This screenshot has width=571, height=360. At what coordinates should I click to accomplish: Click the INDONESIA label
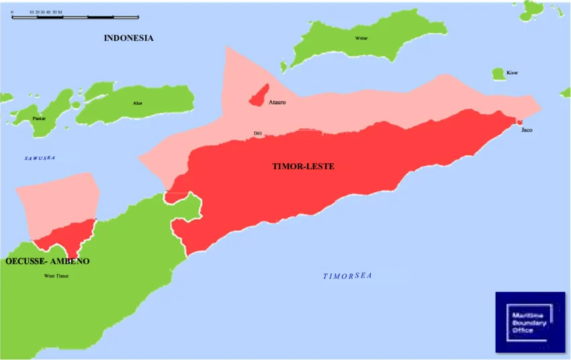click(x=128, y=38)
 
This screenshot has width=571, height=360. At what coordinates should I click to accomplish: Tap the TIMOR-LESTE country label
click(x=303, y=166)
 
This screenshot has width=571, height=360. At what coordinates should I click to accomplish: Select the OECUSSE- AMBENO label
click(x=47, y=261)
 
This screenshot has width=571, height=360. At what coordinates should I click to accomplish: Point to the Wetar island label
click(x=361, y=38)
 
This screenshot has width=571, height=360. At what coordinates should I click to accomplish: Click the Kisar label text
click(x=512, y=73)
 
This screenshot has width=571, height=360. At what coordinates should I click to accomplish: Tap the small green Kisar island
click(x=498, y=73)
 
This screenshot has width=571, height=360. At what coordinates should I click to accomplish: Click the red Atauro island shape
click(x=259, y=96)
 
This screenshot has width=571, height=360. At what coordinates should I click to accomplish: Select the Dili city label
click(x=257, y=134)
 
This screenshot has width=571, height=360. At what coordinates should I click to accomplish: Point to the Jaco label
click(x=527, y=130)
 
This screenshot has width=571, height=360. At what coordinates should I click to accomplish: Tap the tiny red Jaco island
click(x=519, y=122)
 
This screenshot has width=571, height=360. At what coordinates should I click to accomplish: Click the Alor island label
click(x=138, y=103)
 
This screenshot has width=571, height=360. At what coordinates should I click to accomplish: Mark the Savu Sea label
click(x=40, y=158)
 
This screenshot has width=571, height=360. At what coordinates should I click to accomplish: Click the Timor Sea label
click(x=347, y=276)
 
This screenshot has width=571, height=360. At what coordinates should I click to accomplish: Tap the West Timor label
click(x=56, y=276)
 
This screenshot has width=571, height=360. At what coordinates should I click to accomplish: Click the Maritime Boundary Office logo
click(x=530, y=322)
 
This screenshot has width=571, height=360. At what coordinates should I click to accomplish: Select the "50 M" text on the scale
click(x=56, y=12)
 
